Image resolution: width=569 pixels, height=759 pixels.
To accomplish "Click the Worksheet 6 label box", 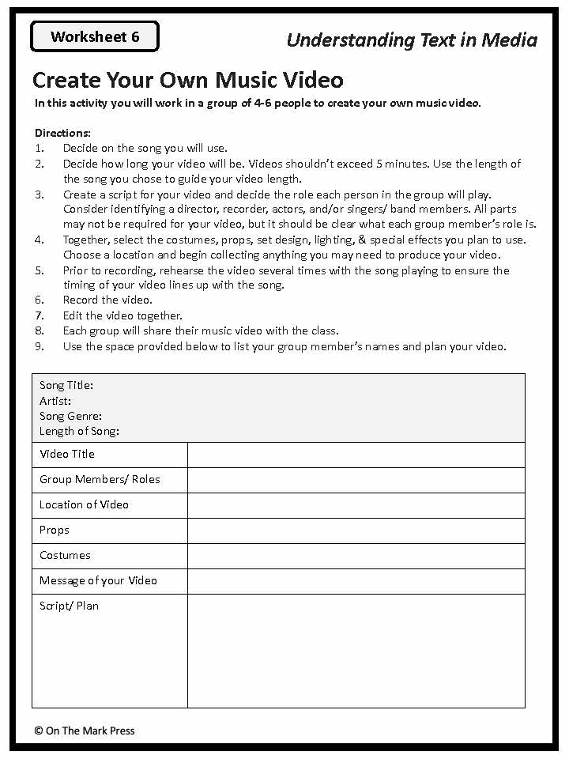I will pyautogui.click(x=95, y=37).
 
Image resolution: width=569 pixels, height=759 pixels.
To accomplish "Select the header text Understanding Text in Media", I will pyautogui.click(x=412, y=40).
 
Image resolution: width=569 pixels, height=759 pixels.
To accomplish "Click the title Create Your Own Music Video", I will pyautogui.click(x=188, y=80).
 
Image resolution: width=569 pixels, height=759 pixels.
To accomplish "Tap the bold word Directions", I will pyautogui.click(x=62, y=133).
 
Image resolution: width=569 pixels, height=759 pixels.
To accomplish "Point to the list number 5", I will pyautogui.click(x=40, y=270).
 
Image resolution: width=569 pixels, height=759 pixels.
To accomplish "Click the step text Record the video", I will pyautogui.click(x=107, y=300).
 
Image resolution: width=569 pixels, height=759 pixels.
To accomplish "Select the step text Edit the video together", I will pyautogui.click(x=122, y=315).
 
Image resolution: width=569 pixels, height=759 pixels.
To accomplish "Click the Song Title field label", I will pyautogui.click(x=66, y=386).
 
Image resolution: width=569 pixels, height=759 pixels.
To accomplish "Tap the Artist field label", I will pyautogui.click(x=55, y=401).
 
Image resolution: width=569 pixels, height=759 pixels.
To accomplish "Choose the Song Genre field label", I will pyautogui.click(x=70, y=416).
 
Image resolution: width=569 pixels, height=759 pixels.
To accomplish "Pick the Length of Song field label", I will pyautogui.click(x=79, y=431).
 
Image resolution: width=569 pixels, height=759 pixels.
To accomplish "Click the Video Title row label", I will pyautogui.click(x=67, y=454).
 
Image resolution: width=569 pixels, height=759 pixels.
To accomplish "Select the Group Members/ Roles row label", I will pyautogui.click(x=100, y=479).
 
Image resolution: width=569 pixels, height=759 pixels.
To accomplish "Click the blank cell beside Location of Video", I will pyautogui.click(x=356, y=505).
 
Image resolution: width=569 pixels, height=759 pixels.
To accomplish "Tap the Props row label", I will pyautogui.click(x=55, y=530).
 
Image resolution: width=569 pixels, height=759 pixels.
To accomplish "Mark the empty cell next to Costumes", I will pyautogui.click(x=356, y=556).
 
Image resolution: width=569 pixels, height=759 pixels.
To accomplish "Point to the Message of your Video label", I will pyautogui.click(x=98, y=580).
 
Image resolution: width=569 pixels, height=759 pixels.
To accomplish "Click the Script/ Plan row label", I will pyautogui.click(x=69, y=606).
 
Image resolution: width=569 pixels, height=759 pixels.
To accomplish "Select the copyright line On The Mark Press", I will pyautogui.click(x=85, y=731).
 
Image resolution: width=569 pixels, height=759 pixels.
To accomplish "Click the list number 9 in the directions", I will pyautogui.click(x=40, y=346).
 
